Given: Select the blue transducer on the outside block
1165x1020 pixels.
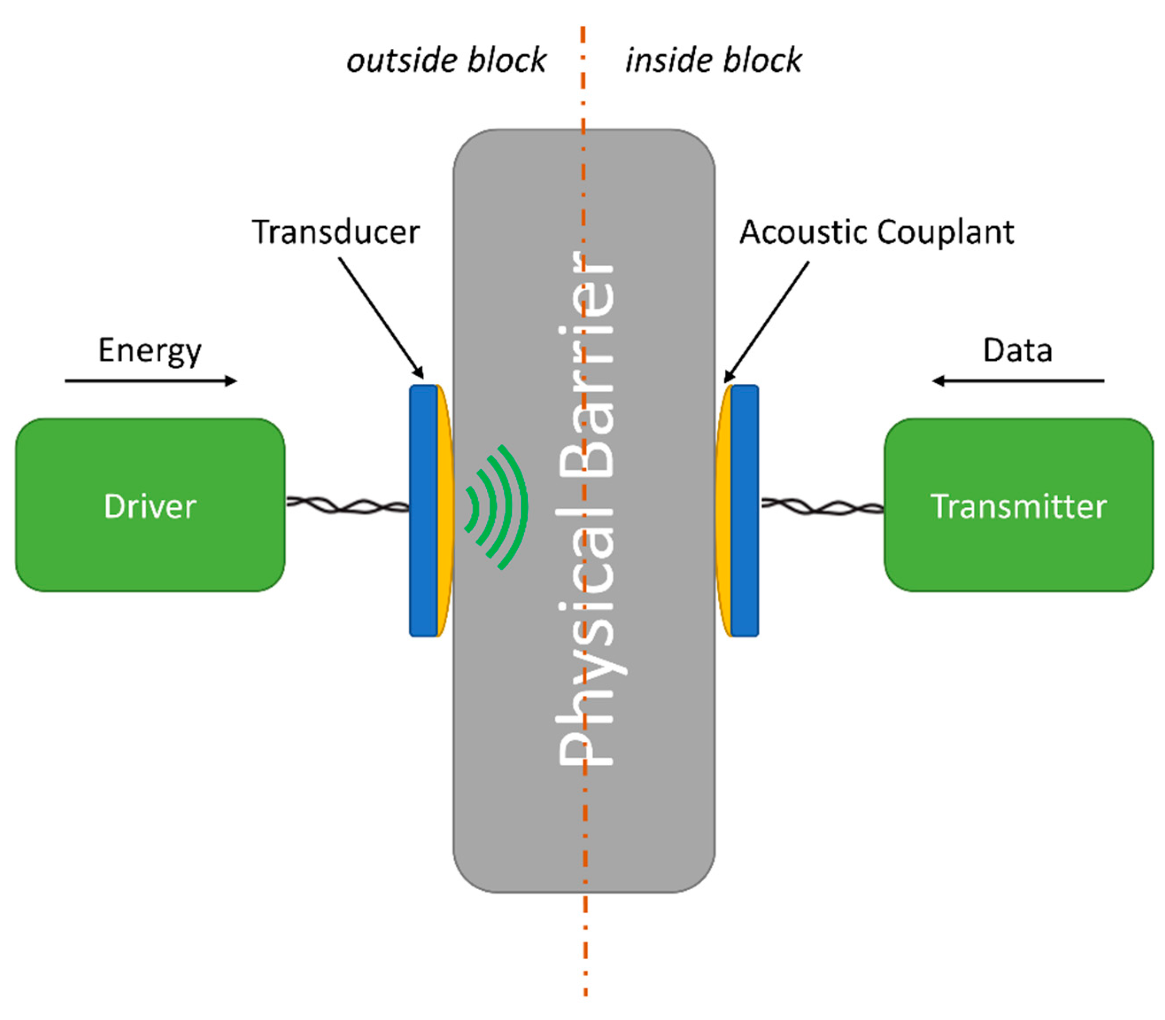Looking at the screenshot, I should click(x=423, y=510).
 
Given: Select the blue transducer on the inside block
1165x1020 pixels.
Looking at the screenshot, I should click(x=745, y=510).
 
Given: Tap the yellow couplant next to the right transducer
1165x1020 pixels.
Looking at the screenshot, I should click(x=723, y=510).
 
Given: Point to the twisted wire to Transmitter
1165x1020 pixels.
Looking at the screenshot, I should click(x=822, y=506).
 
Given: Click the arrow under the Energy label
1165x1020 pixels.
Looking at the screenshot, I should click(x=151, y=381).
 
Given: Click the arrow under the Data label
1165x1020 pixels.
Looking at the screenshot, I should click(x=1018, y=381).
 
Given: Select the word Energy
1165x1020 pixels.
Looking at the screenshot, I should click(x=150, y=350).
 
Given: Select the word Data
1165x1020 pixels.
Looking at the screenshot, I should click(x=1018, y=350).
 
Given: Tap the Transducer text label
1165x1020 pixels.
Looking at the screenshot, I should click(x=336, y=232).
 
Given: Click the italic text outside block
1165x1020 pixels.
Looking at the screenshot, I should click(x=446, y=60).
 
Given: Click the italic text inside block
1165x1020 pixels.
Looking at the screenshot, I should click(x=713, y=60).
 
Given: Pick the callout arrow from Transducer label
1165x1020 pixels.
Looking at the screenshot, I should click(x=381, y=318).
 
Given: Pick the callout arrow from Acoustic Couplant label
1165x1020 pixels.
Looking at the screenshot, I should click(x=766, y=322).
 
